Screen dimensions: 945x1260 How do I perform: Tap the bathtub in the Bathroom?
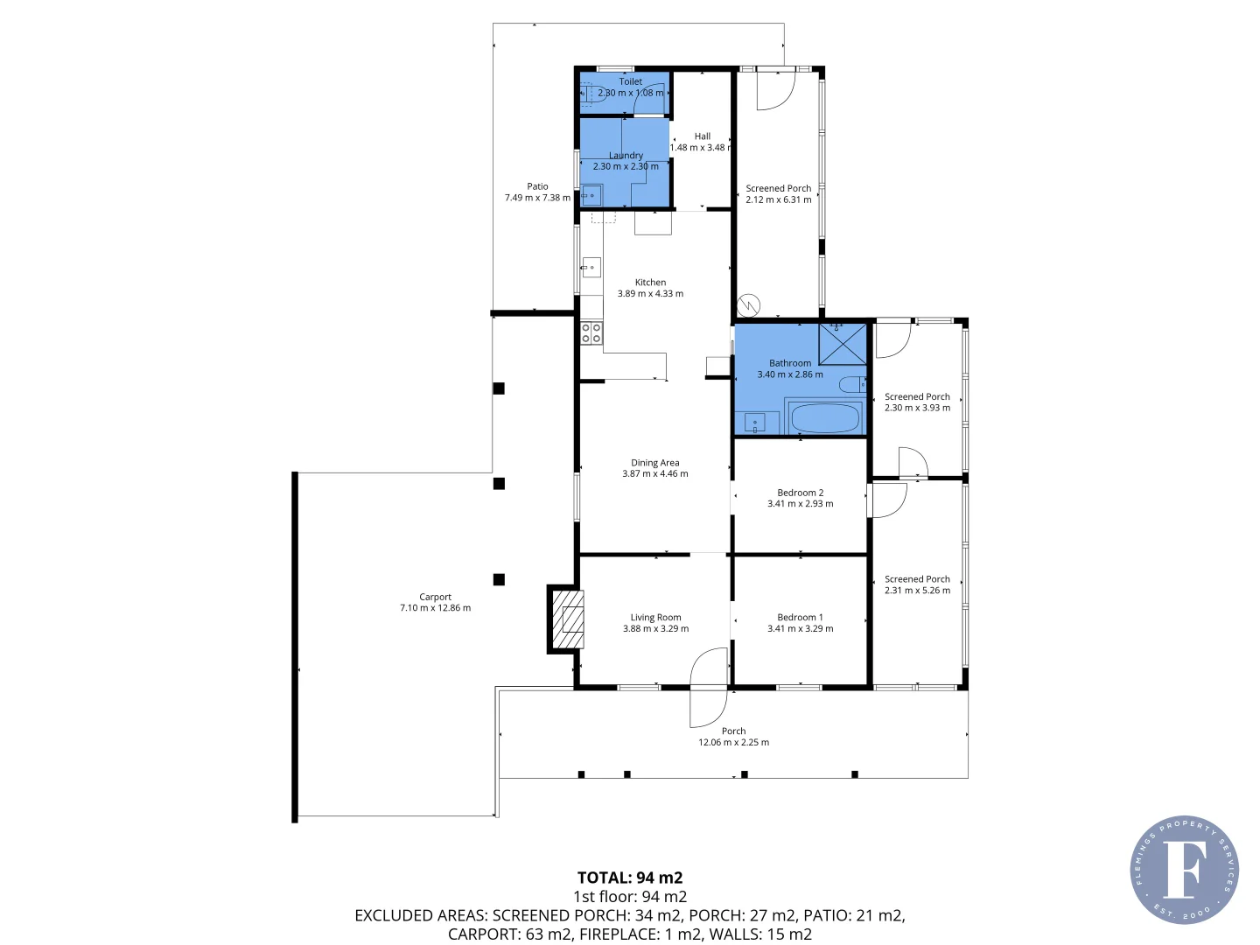[824, 418]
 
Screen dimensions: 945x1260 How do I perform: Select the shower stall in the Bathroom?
[843, 344]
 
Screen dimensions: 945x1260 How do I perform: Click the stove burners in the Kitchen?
[591, 332]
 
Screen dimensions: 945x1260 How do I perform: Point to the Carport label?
[435, 597]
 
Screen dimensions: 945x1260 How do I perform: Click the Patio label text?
[537, 186]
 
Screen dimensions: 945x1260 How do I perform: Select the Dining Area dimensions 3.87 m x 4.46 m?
[655, 474]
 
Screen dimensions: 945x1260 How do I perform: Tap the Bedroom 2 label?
[800, 493]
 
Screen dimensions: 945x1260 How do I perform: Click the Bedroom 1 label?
[800, 617]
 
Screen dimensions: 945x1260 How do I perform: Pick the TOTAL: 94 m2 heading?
[630, 878]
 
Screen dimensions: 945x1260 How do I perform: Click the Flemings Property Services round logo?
[1184, 870]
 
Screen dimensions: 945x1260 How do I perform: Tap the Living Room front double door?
[709, 688]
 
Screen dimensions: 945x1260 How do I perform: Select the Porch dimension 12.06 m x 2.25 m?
[733, 743]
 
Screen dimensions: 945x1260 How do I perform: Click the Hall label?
[702, 136]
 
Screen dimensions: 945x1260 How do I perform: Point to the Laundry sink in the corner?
[592, 195]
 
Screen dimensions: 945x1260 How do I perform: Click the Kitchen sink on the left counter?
[591, 267]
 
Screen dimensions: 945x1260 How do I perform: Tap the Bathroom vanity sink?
[755, 423]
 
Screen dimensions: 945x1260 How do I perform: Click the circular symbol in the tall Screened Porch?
[749, 304]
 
